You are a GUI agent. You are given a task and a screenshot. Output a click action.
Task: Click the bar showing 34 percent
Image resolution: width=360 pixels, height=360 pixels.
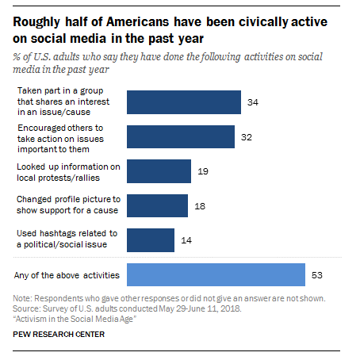pos(184,102)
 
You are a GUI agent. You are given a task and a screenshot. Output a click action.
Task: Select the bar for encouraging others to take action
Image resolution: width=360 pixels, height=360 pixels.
pos(181,136)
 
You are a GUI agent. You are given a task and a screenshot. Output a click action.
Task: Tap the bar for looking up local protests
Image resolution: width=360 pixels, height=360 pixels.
pos(159,171)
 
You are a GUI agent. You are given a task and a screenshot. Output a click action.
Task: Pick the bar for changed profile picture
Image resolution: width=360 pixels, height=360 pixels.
pos(157,205)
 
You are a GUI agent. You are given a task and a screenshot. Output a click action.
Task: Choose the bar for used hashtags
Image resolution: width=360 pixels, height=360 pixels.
pos(151,240)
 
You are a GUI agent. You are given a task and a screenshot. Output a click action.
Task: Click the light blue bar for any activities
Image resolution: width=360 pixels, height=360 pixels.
pos(216,274)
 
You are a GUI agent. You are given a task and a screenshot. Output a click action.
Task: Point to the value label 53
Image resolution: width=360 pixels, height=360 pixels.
pos(317,275)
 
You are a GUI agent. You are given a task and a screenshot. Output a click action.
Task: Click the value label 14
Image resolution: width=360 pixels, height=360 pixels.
pos(186,240)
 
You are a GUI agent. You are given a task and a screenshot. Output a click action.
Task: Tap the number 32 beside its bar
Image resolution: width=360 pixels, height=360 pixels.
pos(247,137)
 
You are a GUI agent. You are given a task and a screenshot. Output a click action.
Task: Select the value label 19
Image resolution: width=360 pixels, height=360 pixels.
pos(203,171)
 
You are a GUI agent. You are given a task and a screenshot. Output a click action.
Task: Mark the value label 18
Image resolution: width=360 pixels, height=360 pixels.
pos(200,206)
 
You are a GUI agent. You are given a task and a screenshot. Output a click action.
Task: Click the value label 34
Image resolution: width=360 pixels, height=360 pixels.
pos(253,102)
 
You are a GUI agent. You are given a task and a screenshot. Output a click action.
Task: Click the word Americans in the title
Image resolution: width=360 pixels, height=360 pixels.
pos(137,21)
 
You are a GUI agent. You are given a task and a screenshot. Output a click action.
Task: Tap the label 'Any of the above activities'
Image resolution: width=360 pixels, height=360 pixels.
pos(67,275)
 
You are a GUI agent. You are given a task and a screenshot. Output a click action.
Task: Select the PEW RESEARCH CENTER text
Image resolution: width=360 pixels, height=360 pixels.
pos(59,335)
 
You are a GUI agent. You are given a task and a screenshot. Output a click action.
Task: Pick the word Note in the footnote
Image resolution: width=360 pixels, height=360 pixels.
pos(22,298)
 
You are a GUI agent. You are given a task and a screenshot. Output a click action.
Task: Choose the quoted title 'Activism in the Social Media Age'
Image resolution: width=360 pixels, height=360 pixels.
pos(75,320)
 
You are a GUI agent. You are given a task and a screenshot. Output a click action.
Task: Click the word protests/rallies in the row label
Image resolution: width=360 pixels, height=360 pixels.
pos(69,178)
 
